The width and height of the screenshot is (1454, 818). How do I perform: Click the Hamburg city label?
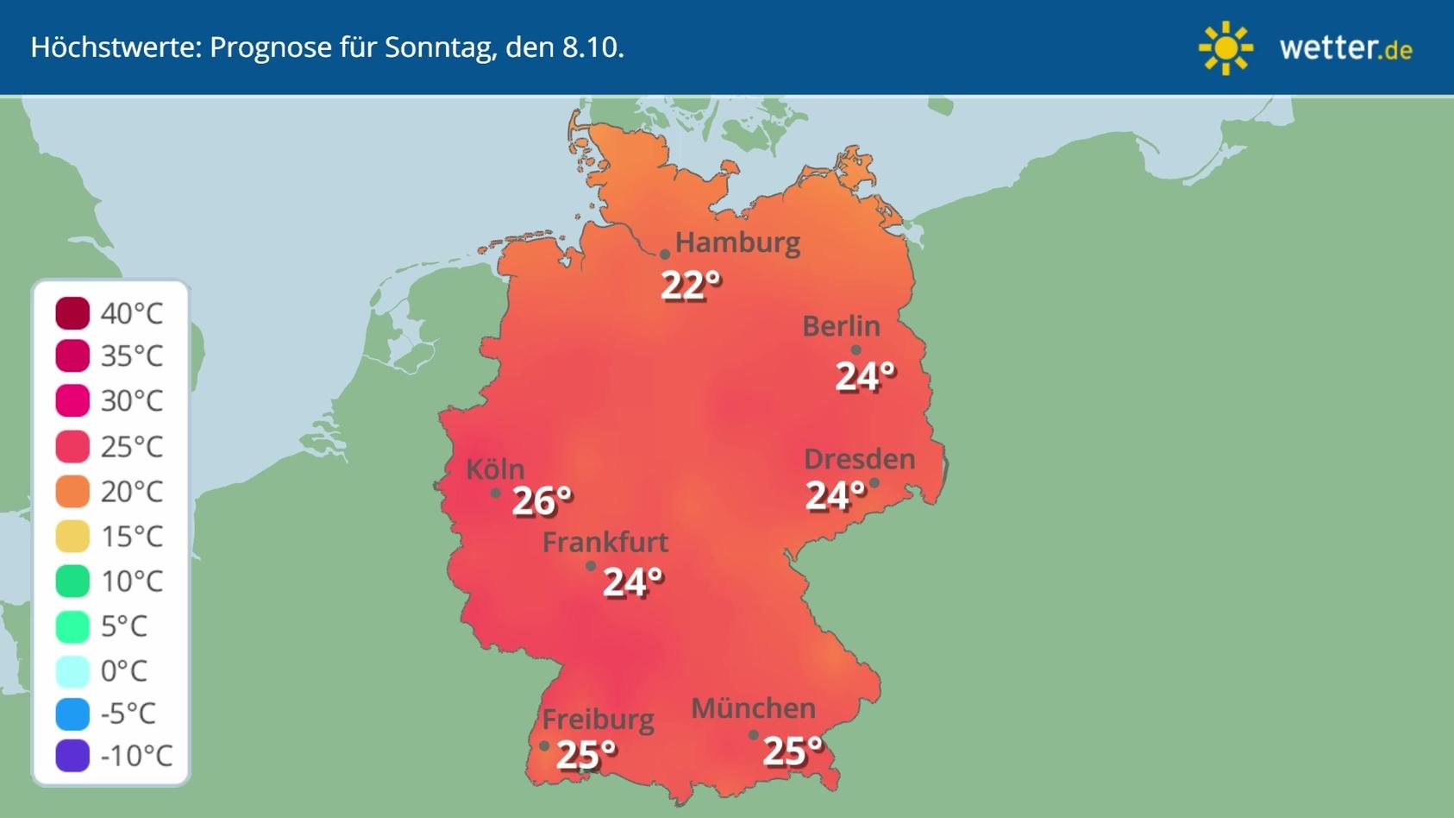[x=737, y=242]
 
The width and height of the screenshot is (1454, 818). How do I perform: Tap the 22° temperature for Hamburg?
[x=690, y=285]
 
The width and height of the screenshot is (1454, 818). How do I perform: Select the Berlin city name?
[x=841, y=326]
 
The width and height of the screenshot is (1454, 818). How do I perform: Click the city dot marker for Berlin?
[x=855, y=350]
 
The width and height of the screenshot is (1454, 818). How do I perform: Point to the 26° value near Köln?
[x=542, y=500]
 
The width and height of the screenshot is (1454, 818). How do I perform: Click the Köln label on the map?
[x=495, y=469]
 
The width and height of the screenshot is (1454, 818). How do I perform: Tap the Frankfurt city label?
[x=605, y=542]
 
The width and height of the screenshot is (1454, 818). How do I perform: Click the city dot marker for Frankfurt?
[x=591, y=566]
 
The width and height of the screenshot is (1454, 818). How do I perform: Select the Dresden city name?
[x=859, y=459]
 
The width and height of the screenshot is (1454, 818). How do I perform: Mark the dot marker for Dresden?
[x=874, y=483]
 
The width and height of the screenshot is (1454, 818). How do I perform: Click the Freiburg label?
[x=598, y=719]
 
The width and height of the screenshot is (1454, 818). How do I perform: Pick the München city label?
[x=753, y=708]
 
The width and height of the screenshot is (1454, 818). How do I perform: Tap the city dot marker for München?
[x=753, y=735]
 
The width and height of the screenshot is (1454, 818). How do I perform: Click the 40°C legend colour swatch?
[x=72, y=312]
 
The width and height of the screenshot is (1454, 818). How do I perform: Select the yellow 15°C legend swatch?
[x=72, y=536]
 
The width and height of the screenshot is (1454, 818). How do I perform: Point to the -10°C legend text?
[x=136, y=756]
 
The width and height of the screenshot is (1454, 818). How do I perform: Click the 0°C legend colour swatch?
[x=72, y=670]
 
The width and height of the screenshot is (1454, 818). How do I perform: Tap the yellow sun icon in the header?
[x=1225, y=47]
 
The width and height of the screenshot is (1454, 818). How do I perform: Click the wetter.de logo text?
[x=1345, y=47]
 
